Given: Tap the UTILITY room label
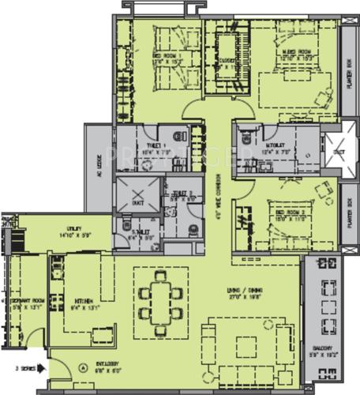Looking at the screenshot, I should tap(69, 231).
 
